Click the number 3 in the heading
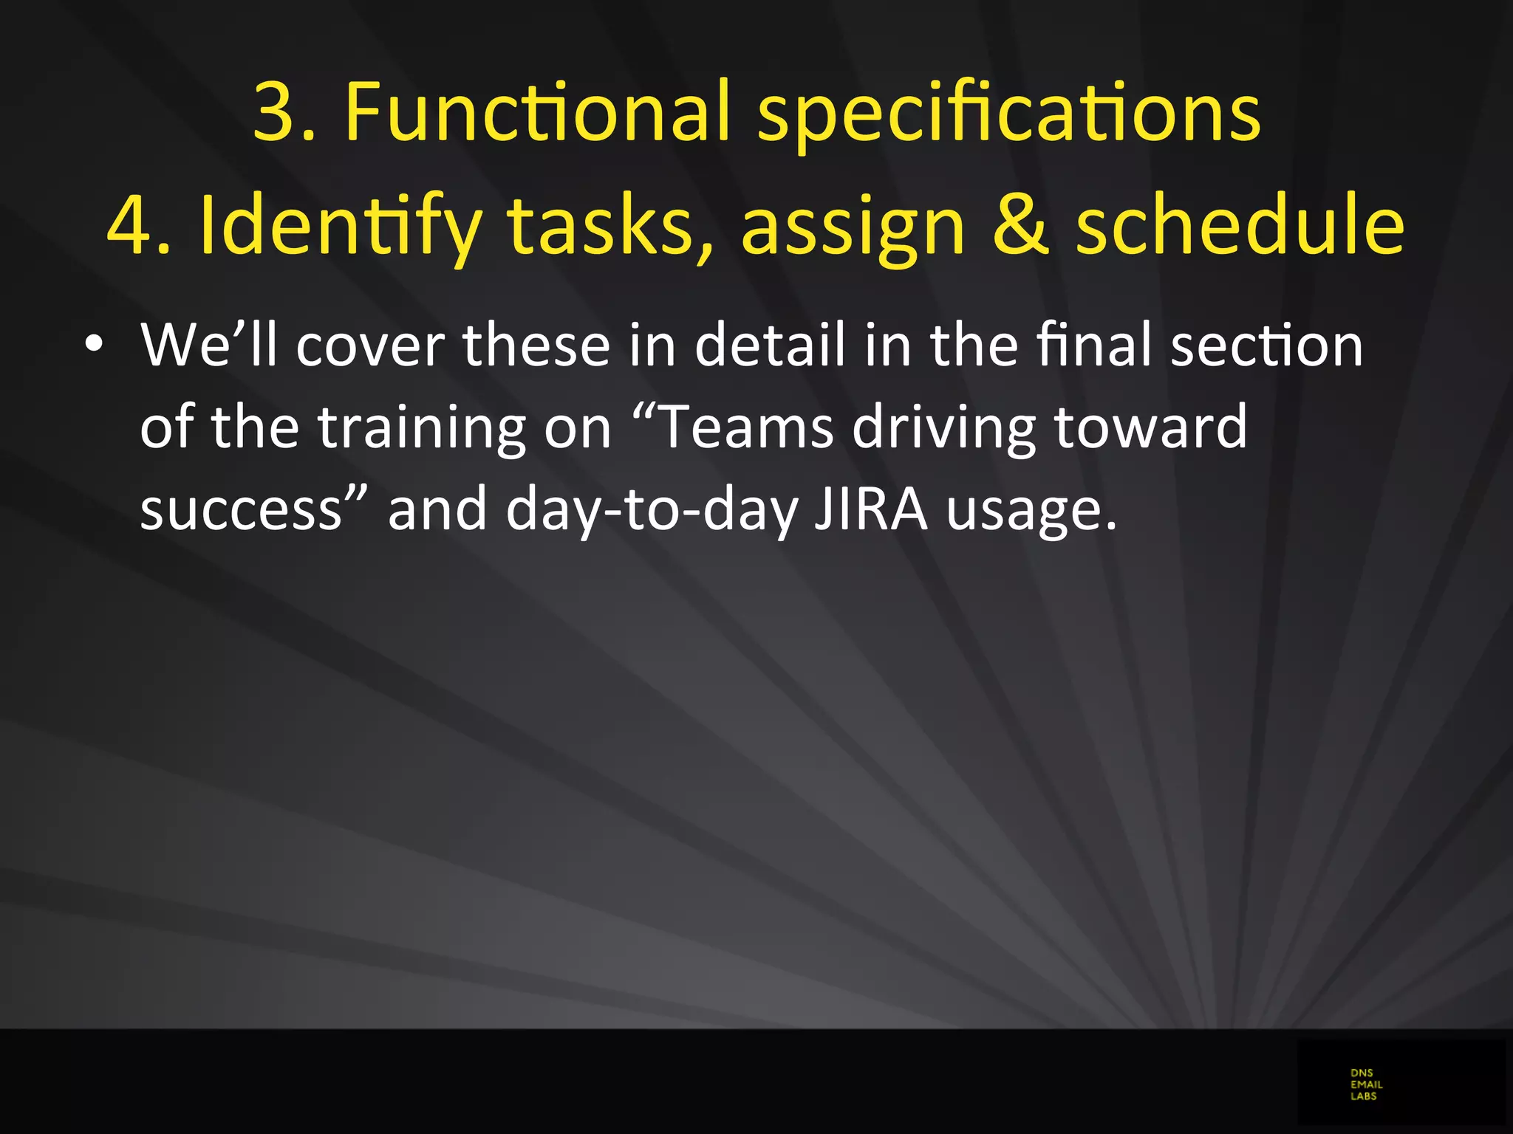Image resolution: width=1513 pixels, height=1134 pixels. point(275,112)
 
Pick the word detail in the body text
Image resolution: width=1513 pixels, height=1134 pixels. point(769,345)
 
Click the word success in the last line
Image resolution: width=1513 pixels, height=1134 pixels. point(240,510)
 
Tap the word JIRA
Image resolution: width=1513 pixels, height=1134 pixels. point(870,509)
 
